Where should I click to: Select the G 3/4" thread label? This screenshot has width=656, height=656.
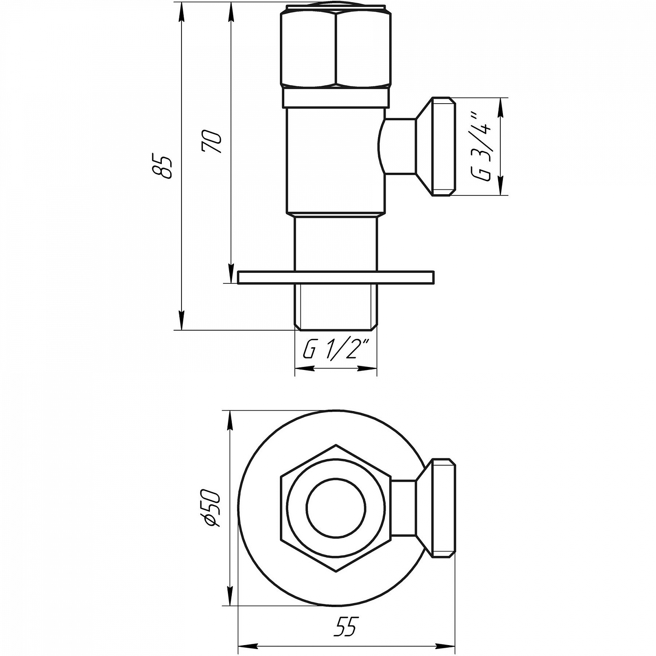click(x=482, y=147)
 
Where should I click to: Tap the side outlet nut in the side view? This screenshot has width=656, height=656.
click(x=443, y=147)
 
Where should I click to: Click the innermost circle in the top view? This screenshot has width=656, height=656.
click(x=335, y=508)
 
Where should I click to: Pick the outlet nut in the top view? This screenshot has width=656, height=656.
click(x=443, y=508)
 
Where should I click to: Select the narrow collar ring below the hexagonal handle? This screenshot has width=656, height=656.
click(x=335, y=98)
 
